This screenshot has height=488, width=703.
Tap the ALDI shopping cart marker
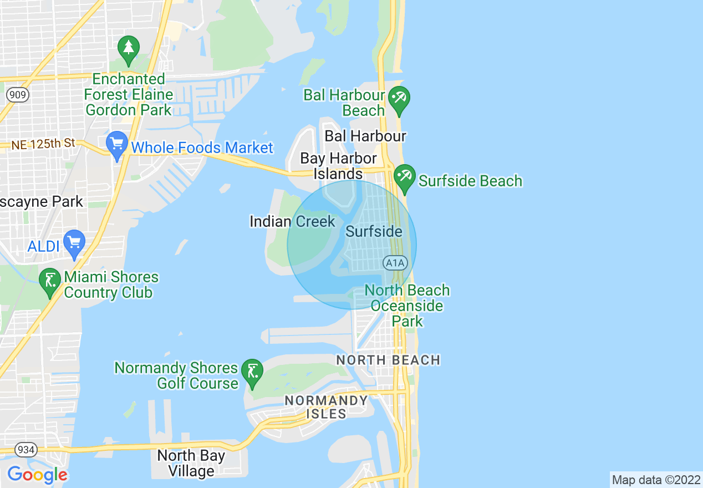[74, 242]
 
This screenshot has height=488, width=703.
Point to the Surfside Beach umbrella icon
[404, 177]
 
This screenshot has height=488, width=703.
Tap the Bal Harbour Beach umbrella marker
[399, 99]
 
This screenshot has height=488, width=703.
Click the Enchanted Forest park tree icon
[129, 49]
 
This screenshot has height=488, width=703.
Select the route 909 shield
[18, 95]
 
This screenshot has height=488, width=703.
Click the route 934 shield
[26, 449]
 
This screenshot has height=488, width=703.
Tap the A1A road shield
[394, 262]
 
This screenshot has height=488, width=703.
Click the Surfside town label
[374, 231]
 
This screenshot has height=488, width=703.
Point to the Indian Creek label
[292, 222]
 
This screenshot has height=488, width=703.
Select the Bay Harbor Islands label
[338, 166]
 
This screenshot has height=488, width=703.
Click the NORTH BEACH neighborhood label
[388, 360]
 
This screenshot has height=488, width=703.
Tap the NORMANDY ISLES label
[326, 406]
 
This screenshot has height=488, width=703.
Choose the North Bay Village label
[191, 464]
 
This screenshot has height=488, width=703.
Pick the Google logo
[37, 475]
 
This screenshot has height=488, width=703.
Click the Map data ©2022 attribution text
[656, 480]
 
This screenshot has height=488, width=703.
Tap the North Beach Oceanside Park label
[407, 306]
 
